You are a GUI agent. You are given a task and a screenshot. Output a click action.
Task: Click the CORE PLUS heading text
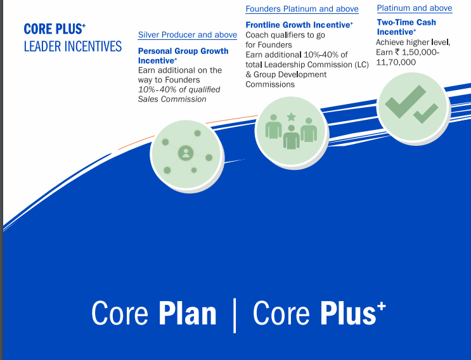pos(55,29)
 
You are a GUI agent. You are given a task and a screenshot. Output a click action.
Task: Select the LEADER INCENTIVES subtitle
pos(73,46)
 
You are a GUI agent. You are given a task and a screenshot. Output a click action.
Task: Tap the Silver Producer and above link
pos(188,35)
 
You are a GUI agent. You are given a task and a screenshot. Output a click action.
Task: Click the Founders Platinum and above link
pos(302,9)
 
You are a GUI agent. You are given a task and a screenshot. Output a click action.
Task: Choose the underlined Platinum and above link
pos(415,8)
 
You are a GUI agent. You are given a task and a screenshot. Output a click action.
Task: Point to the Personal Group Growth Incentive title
pos(183,56)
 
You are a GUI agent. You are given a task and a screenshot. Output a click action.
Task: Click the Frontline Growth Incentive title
pos(299,25)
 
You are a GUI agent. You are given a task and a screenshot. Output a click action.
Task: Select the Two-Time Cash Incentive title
pos(406,27)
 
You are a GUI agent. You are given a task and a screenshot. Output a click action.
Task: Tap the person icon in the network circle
pos(186,153)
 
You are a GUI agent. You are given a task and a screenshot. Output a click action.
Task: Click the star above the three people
pos(291,117)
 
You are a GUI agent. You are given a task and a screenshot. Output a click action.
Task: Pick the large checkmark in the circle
pos(405,101)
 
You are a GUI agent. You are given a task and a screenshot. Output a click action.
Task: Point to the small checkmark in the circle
pos(425,113)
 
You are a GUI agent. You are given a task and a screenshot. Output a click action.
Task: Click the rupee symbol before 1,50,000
pos(397,52)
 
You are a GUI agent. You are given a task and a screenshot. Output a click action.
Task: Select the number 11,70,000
pos(396,63)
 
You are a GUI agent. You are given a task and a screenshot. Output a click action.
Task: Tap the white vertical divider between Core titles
pos(235,316)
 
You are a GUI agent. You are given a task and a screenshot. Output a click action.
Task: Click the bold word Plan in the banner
pos(188,314)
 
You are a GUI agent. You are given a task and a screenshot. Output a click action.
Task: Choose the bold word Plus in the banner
pos(349,314)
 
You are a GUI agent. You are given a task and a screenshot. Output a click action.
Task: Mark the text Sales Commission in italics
pos(172,99)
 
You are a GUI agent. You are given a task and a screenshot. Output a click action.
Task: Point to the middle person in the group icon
pos(291,138)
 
